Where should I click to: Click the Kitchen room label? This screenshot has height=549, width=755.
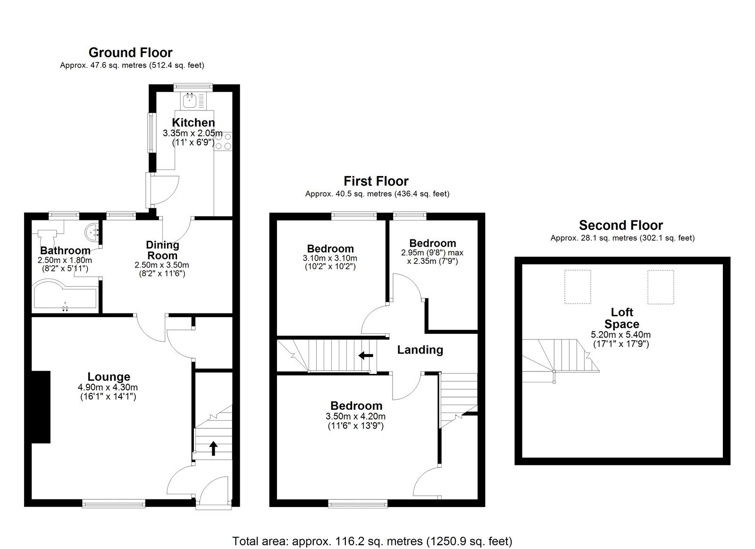pos(193,123)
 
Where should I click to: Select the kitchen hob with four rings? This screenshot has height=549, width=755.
pos(223,141)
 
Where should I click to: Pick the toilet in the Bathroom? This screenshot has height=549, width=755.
pos(47,236)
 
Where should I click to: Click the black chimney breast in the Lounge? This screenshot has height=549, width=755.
pos(41,407)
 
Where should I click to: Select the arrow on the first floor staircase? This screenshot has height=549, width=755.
pos(365,355)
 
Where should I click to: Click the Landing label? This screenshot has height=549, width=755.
pos(420,350)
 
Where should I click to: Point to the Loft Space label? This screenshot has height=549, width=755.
pos(621,318)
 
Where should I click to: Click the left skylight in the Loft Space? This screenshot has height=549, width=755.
pos(578,287)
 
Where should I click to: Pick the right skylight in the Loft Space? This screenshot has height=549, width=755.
pos(660,287)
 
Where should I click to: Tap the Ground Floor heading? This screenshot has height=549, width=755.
pos(130,52)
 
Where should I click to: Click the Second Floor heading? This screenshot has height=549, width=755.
pos(621,225)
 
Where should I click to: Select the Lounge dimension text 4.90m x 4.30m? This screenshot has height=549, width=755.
pos(108,388)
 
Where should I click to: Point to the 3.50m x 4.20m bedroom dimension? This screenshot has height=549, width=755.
pos(356,416)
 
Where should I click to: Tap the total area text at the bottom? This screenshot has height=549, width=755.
pos(372,541)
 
